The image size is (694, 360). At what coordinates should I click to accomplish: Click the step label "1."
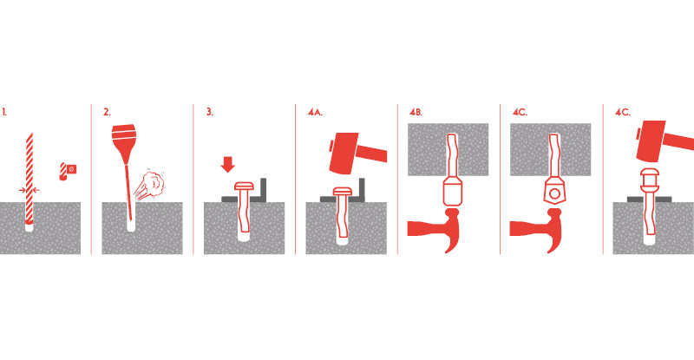click(x=4, y=113)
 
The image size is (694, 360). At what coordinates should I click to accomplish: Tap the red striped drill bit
click(x=29, y=177)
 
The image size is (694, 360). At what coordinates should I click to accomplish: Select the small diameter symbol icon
click(x=69, y=171)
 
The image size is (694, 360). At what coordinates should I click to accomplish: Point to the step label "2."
click(x=107, y=113)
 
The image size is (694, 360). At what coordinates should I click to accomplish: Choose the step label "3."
click(x=209, y=113)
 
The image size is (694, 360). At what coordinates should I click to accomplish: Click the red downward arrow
click(x=228, y=164)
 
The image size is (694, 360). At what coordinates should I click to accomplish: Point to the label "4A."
click(x=315, y=113)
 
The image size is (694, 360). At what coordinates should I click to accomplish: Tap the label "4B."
click(x=416, y=113)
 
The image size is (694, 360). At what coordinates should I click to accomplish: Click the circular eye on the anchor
click(x=554, y=194)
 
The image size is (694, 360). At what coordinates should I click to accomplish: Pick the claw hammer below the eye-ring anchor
click(x=537, y=230)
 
